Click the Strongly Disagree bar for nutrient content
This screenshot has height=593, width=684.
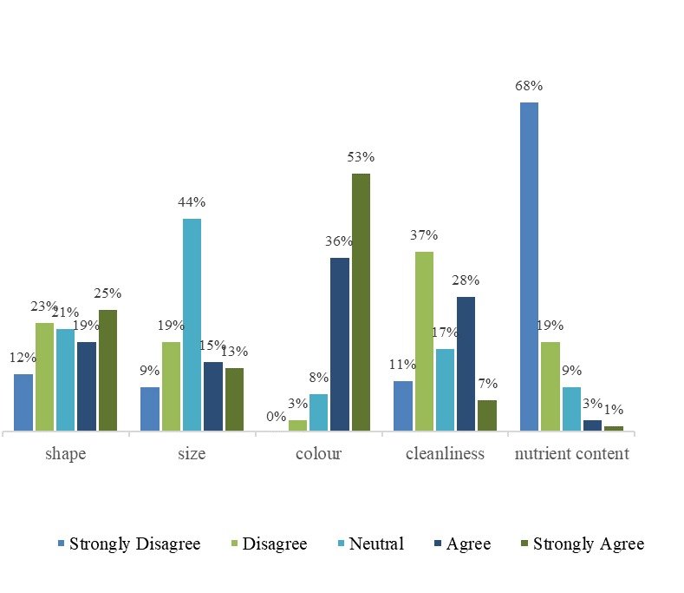[529, 266]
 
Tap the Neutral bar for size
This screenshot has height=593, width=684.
[192, 324]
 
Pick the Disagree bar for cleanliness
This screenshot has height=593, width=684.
[424, 340]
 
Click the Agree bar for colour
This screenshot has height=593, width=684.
[339, 343]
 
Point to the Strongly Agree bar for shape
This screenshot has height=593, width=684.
[107, 369]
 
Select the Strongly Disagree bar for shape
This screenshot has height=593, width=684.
[23, 401]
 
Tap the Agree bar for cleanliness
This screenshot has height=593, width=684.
[466, 363]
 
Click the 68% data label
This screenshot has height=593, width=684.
[528, 86]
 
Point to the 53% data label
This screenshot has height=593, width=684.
[361, 157]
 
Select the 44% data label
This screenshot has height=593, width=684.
[192, 202]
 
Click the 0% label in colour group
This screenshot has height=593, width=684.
[277, 417]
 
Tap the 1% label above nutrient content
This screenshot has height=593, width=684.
[614, 410]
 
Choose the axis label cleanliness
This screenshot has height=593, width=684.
[445, 454]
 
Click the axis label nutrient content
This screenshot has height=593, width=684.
[571, 454]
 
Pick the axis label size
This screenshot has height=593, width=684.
[192, 454]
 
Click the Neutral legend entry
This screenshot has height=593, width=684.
[376, 544]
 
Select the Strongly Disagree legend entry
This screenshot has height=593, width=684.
[134, 544]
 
